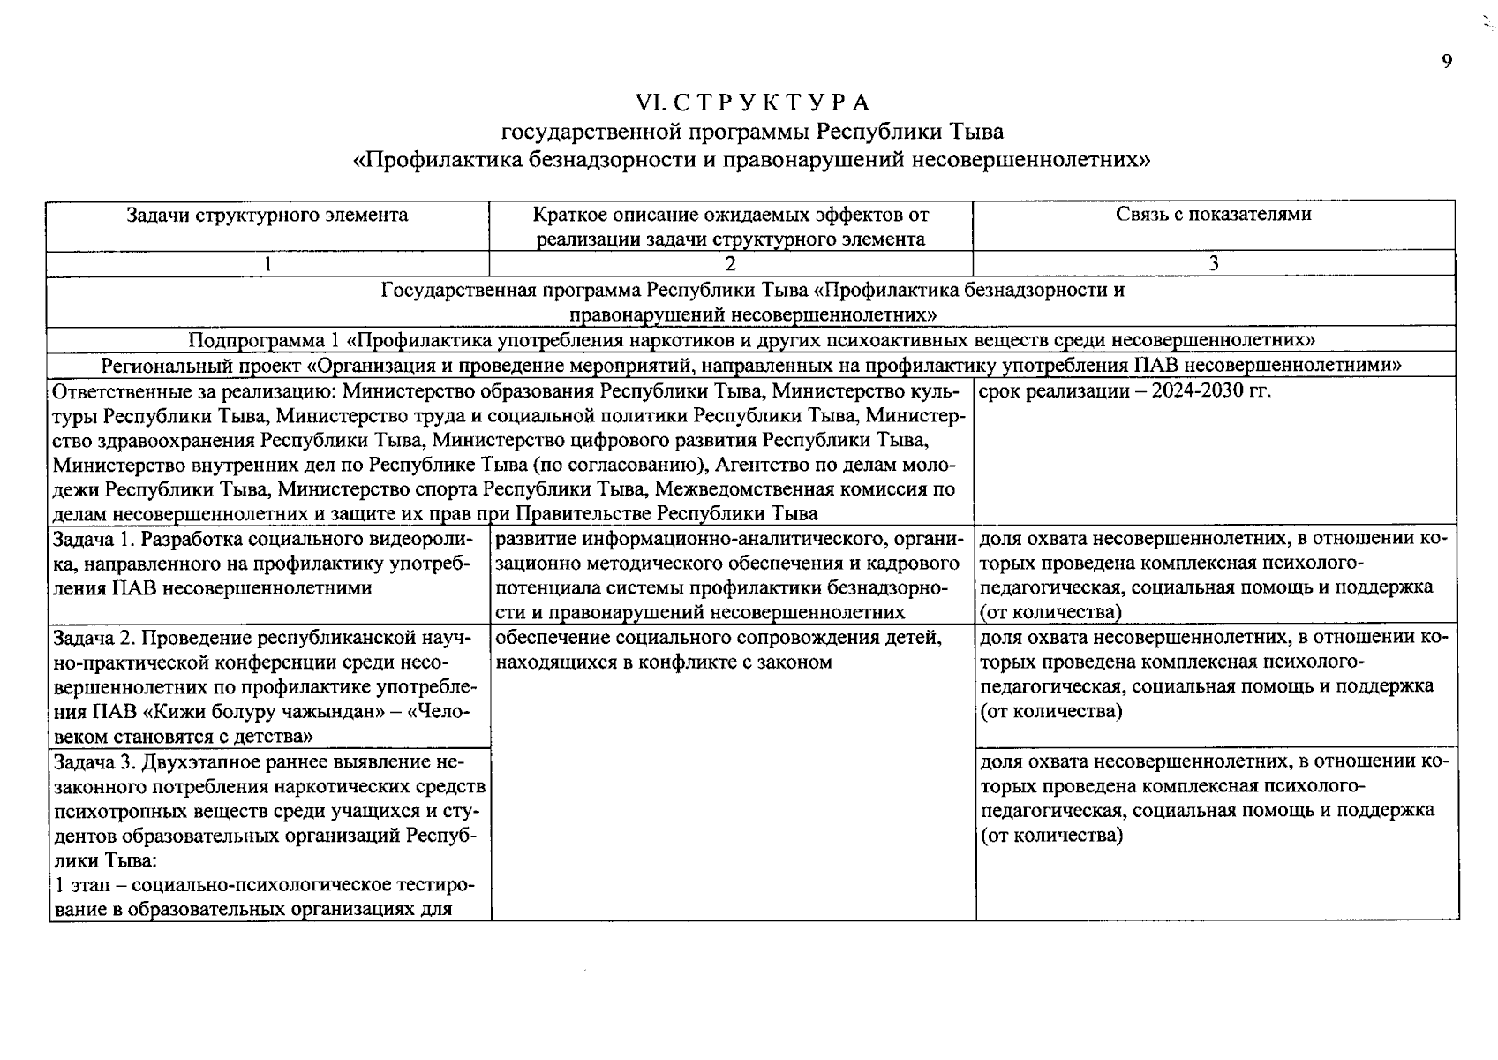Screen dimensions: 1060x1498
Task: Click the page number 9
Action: [1446, 61]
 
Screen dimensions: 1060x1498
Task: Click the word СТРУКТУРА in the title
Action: [771, 103]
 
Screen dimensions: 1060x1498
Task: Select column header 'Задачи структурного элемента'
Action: [267, 215]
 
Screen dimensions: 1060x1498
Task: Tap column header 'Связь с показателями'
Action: [1213, 214]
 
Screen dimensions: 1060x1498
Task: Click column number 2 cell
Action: [730, 263]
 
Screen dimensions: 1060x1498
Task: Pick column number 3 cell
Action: [1214, 263]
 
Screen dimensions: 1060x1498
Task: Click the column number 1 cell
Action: [267, 263]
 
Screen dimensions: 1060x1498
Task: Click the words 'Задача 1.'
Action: [93, 539]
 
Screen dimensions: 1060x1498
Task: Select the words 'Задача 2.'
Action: [94, 638]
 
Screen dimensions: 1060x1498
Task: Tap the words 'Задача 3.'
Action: [94, 761]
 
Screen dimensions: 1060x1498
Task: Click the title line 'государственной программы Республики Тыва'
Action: [751, 132]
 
